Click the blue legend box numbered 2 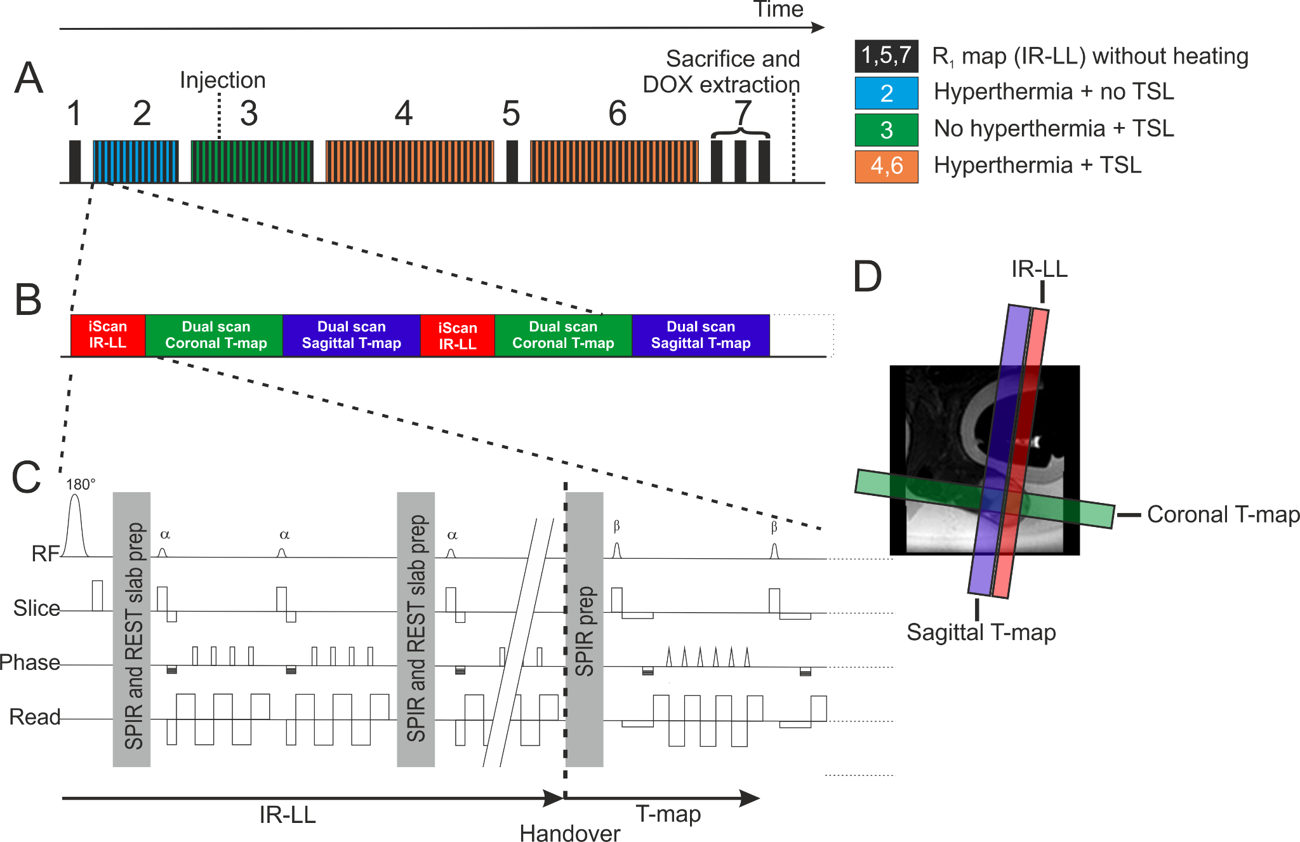point(886,93)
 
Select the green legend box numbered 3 point(886,130)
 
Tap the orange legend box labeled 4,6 point(886,166)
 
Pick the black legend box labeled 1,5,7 point(886,56)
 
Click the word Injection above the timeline point(222,80)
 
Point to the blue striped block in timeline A point(135,161)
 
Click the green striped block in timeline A point(251,161)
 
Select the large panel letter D point(867,277)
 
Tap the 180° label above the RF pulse point(81,484)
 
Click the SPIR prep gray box point(584,629)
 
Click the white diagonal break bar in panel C point(519,641)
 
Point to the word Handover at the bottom point(569,832)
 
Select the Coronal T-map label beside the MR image point(1222,514)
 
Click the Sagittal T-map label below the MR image point(981,632)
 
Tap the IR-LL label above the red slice point(1039,269)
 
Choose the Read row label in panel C point(35,717)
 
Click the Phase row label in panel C point(30,662)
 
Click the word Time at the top point(778,9)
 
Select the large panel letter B point(29,299)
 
